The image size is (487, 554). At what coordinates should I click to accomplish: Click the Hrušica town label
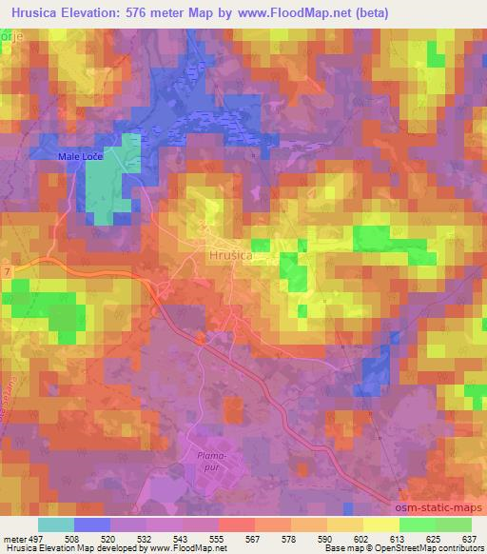231,255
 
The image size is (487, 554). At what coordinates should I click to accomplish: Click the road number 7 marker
8,273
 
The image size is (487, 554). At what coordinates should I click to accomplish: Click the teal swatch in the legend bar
56,524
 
